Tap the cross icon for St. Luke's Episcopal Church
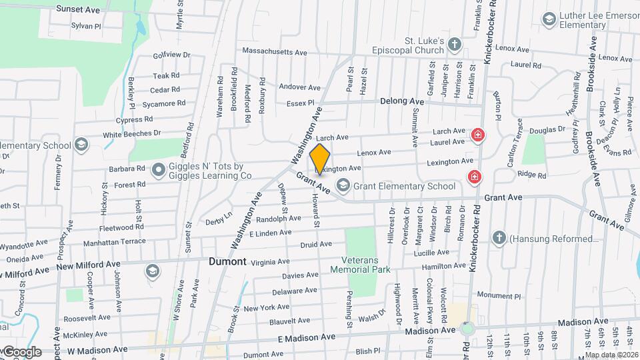click(x=455, y=45)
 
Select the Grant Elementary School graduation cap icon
click(x=343, y=185)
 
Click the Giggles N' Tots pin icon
click(x=159, y=171)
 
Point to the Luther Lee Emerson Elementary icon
click(x=549, y=19)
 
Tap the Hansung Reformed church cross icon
click(x=499, y=238)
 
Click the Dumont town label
click(x=227, y=261)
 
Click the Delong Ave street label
click(x=402, y=101)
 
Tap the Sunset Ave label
click(x=78, y=9)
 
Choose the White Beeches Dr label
click(x=132, y=133)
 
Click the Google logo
click(x=21, y=351)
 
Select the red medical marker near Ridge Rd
click(x=474, y=177)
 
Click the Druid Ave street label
click(x=316, y=244)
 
